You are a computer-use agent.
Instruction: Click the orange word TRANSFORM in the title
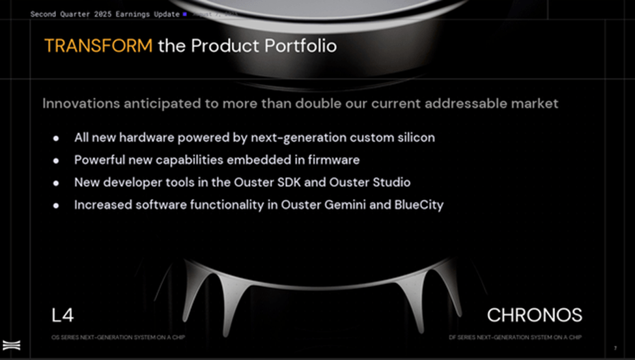(98, 46)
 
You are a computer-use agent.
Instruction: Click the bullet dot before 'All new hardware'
(57, 139)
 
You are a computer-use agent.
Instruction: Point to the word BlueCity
(419, 204)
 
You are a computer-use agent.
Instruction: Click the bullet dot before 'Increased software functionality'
(57, 205)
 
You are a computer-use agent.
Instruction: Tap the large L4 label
(63, 316)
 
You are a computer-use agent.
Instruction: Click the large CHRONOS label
(534, 316)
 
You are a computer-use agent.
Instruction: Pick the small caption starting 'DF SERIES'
(515, 337)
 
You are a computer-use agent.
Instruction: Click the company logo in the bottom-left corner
(10, 346)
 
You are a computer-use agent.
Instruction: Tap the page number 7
(615, 348)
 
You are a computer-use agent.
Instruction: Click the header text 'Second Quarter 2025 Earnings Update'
(105, 14)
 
